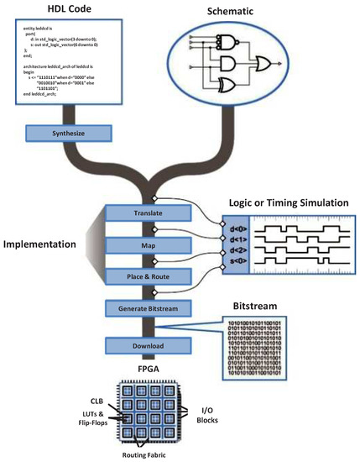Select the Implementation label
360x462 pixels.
(51, 244)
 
